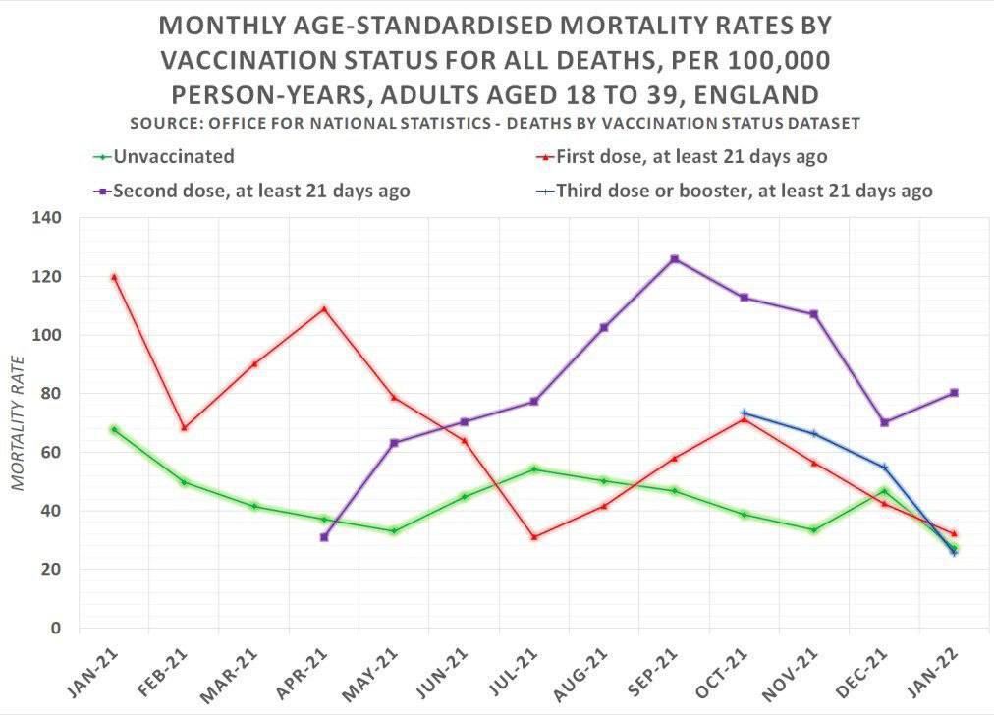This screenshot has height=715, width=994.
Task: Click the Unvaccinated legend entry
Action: click(164, 156)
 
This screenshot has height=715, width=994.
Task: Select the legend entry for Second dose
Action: click(251, 191)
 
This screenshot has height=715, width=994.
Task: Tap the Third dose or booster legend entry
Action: click(734, 191)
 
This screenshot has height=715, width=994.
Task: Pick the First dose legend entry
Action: click(682, 156)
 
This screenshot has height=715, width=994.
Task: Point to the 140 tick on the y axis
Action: click(47, 218)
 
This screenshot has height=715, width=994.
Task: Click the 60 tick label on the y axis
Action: click(52, 452)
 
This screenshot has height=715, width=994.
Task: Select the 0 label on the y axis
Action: click(56, 628)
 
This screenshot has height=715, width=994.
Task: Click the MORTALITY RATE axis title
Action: click(18, 423)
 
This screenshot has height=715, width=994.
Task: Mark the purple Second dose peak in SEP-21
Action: click(674, 258)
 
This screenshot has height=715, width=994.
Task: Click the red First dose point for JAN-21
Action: click(114, 277)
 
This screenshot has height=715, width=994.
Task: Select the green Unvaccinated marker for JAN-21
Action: click(114, 429)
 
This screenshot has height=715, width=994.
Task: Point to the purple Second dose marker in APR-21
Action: click(324, 537)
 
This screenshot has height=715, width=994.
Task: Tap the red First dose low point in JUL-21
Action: click(534, 537)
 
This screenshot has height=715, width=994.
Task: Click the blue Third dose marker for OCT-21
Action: click(745, 412)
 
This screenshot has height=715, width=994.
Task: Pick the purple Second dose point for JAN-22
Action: click(954, 392)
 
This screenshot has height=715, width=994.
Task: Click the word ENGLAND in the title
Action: click(756, 95)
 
